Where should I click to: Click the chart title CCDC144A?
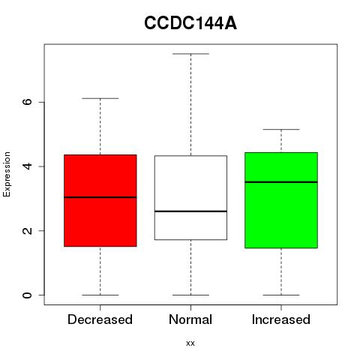click(190, 23)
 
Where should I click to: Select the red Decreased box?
click(100, 200)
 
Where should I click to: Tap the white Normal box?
click(190, 197)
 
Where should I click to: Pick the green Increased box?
click(281, 200)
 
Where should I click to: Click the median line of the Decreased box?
click(100, 197)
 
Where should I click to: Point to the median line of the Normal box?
click(190, 211)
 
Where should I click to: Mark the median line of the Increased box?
click(281, 182)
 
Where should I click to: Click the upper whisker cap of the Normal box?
click(190, 54)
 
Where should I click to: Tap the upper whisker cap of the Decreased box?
click(100, 98)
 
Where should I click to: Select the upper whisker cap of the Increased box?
click(281, 130)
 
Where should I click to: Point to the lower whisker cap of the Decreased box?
click(100, 295)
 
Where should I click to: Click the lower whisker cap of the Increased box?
click(281, 295)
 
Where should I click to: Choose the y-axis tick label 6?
click(27, 102)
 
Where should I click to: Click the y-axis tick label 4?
click(27, 166)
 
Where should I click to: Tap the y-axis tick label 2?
click(27, 230)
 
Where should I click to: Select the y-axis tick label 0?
click(27, 295)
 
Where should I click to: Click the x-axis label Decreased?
click(100, 319)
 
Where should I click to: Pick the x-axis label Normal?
click(190, 319)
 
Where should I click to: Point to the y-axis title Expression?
click(7, 174)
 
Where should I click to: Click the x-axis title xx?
click(190, 343)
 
